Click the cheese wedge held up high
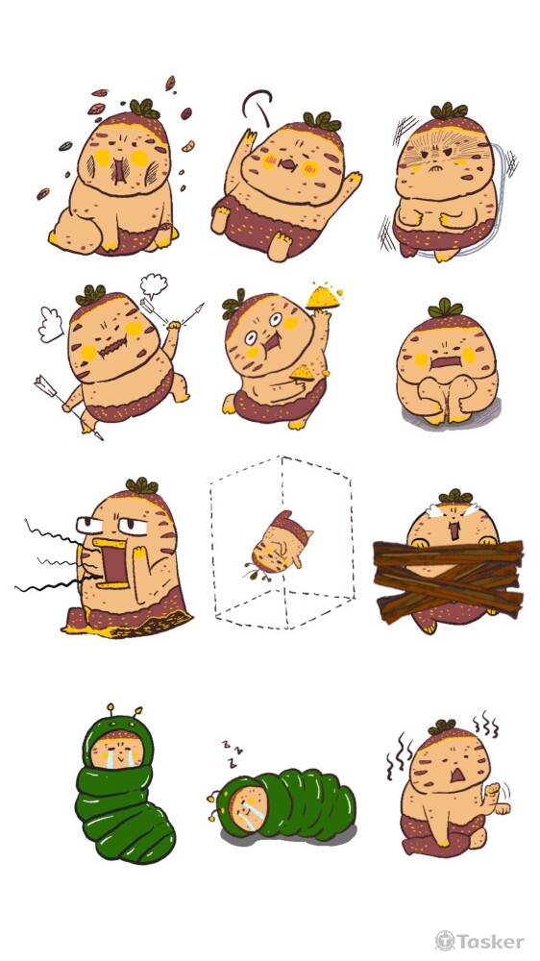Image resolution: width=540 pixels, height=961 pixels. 324,297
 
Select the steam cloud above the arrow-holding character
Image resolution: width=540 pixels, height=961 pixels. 153,285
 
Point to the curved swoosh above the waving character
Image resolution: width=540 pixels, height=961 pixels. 257,104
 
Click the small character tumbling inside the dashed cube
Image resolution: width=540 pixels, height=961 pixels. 281,543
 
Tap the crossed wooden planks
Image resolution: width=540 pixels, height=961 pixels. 448,580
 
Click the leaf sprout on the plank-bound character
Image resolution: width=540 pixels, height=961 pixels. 455,496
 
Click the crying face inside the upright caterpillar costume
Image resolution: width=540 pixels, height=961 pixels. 116,752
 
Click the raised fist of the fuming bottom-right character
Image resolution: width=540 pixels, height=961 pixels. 492,789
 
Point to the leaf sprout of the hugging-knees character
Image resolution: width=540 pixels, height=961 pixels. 445,308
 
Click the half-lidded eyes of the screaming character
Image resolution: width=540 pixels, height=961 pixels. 113,524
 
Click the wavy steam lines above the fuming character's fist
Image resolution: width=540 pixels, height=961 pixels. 485,724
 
